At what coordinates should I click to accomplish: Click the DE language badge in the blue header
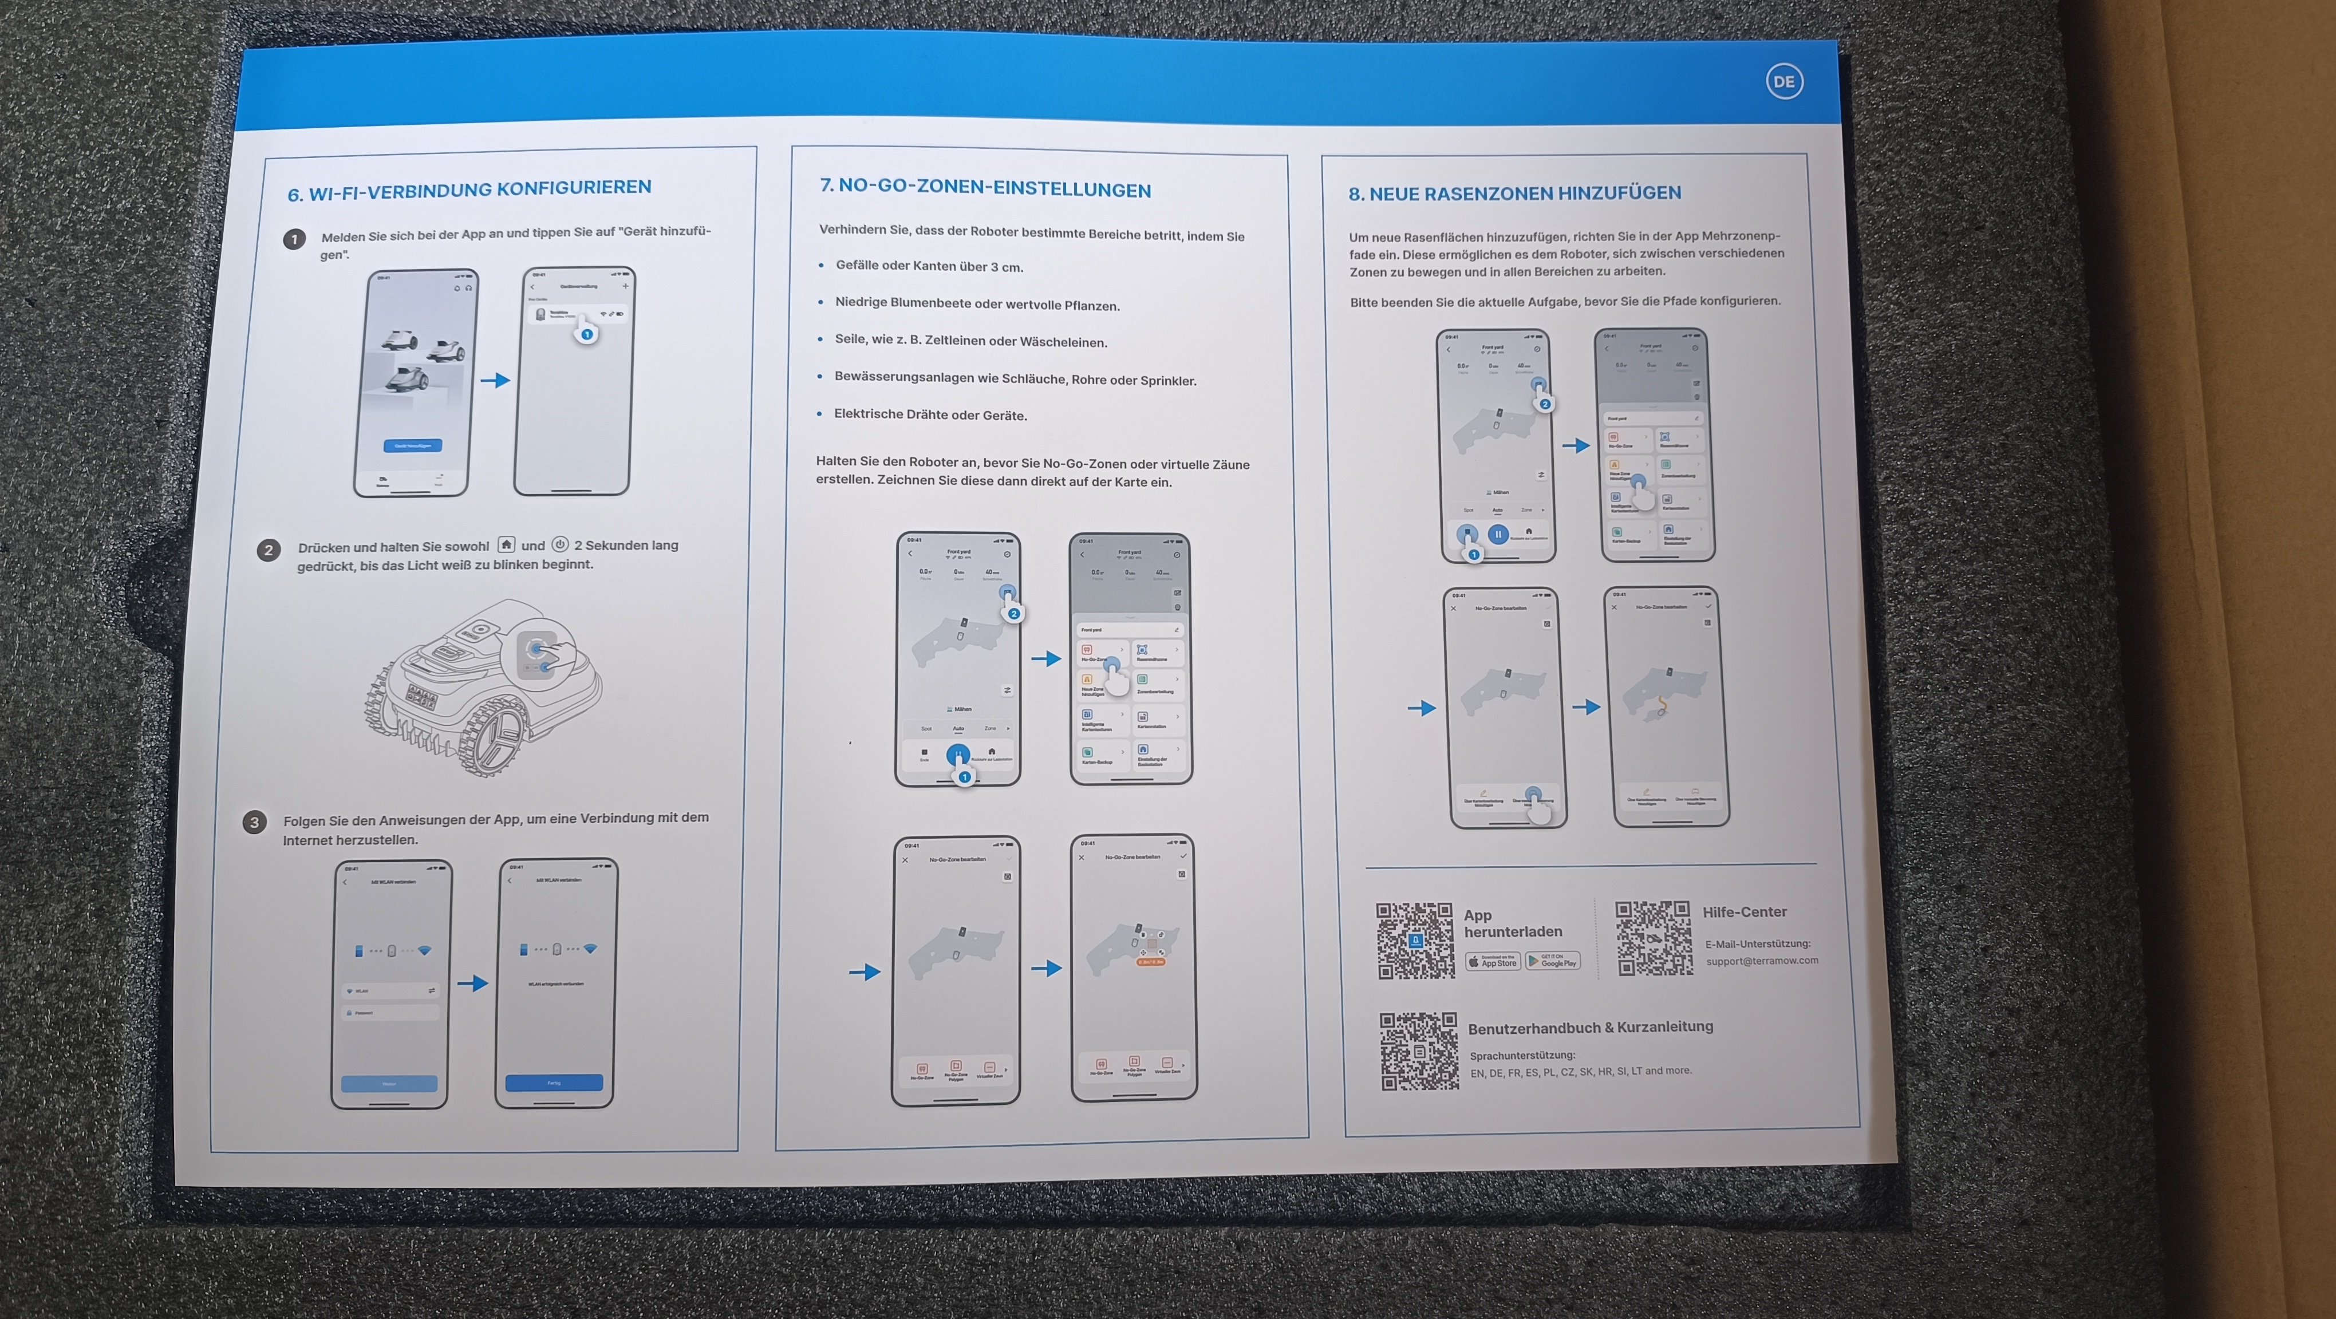click(1783, 82)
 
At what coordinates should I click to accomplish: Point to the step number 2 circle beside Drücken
click(269, 550)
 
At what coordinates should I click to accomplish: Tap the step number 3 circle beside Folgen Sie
click(254, 822)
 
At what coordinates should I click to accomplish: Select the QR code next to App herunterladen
click(1415, 941)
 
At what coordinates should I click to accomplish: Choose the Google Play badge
click(1553, 960)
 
